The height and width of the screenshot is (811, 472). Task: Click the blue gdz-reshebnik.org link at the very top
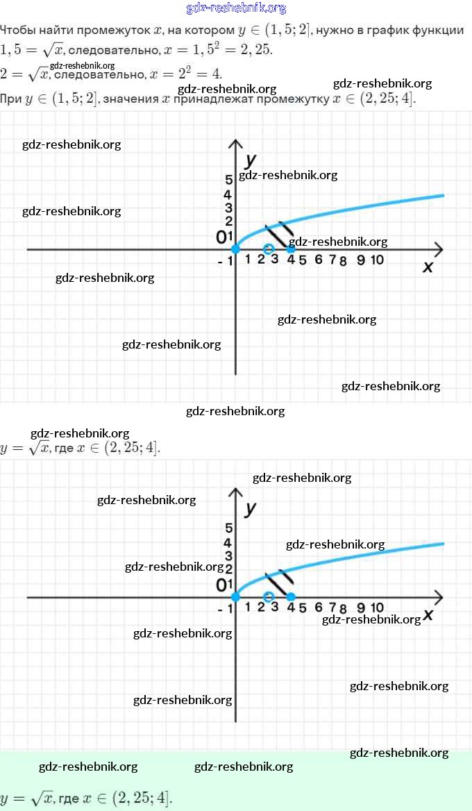(x=236, y=8)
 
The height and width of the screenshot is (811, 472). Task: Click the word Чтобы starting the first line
(x=19, y=31)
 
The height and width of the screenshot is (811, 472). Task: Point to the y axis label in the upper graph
(x=251, y=158)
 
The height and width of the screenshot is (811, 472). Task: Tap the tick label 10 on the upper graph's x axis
(x=377, y=260)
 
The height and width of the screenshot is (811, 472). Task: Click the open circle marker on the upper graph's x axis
(x=269, y=249)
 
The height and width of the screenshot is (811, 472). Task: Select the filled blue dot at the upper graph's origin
(x=235, y=249)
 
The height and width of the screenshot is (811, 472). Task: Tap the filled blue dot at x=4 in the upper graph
(x=291, y=249)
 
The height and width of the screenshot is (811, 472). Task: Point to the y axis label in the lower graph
(x=251, y=508)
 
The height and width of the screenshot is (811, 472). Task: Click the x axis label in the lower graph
(x=428, y=614)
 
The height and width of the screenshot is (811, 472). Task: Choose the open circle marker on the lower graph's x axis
(x=269, y=596)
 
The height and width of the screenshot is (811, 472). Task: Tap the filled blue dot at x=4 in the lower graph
(x=291, y=596)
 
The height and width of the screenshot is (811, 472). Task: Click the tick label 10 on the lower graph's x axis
(x=377, y=608)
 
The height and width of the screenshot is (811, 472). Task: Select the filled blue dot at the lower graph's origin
(x=235, y=596)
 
